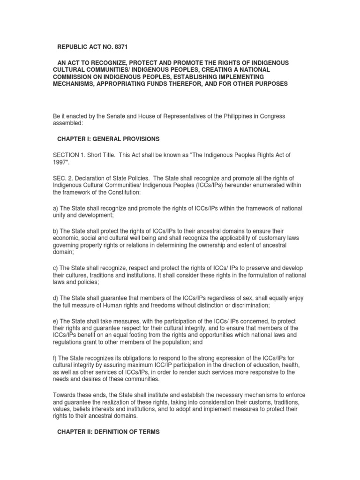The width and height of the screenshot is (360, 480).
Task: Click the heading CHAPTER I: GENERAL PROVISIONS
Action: (108, 139)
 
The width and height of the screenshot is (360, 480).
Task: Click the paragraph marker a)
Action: (56, 208)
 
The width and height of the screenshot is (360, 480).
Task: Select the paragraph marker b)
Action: (56, 231)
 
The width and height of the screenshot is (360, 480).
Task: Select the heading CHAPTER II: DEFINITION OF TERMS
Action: (108, 432)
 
